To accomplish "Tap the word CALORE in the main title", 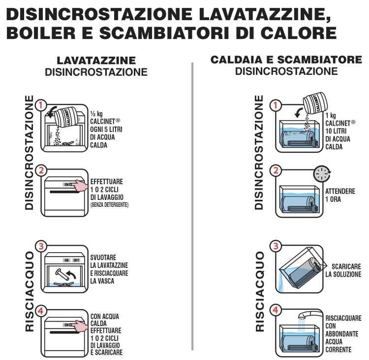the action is pyautogui.click(x=299, y=33).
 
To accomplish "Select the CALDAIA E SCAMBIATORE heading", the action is pyautogui.click(x=286, y=60).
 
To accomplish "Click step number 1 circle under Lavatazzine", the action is pyautogui.click(x=41, y=105).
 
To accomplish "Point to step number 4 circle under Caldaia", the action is pyautogui.click(x=276, y=310).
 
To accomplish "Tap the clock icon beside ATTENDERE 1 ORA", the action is pyautogui.click(x=322, y=174).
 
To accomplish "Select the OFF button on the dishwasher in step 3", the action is pyautogui.click(x=76, y=260).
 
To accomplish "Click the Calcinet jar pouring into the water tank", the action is pyautogui.click(x=315, y=103).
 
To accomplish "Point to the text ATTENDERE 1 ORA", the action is pyautogui.click(x=340, y=196).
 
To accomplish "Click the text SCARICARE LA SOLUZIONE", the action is pyautogui.click(x=343, y=270).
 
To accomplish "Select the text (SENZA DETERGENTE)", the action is pyautogui.click(x=109, y=205).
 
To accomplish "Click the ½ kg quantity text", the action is pyautogui.click(x=96, y=114).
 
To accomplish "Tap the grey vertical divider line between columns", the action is pyautogui.click(x=192, y=206).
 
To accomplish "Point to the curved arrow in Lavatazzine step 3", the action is pyautogui.click(x=72, y=274).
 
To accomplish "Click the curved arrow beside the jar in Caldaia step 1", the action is pyautogui.click(x=299, y=112).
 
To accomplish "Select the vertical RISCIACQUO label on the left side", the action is pyautogui.click(x=30, y=292).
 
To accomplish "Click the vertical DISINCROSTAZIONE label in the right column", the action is pyautogui.click(x=259, y=153).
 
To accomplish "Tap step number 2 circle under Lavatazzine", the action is pyautogui.click(x=41, y=170).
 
